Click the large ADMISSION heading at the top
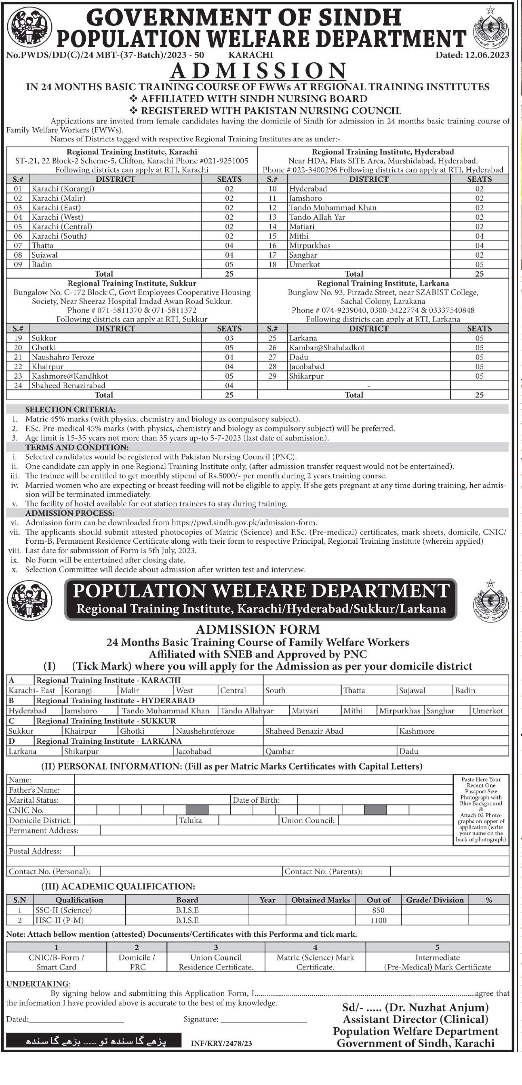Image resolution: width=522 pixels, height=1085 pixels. coord(258,71)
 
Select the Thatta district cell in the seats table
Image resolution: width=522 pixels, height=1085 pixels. coord(42,246)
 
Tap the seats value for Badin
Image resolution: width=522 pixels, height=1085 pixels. coord(229,265)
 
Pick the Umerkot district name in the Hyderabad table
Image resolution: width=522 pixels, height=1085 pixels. coord(304,265)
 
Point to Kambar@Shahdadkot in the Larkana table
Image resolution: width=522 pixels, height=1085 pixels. coord(326,347)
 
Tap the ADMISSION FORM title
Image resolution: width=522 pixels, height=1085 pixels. coord(258,629)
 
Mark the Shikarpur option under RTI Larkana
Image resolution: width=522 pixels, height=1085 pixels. coord(81,751)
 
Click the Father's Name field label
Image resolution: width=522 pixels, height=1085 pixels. coord(34,790)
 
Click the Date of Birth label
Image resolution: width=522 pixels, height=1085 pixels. coord(256,800)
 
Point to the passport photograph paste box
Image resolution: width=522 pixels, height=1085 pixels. coord(481,809)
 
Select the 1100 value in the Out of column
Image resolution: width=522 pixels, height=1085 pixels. coord(378,920)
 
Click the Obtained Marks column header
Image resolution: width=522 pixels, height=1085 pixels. coord(320,900)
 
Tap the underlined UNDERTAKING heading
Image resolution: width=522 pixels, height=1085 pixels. coord(38,984)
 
